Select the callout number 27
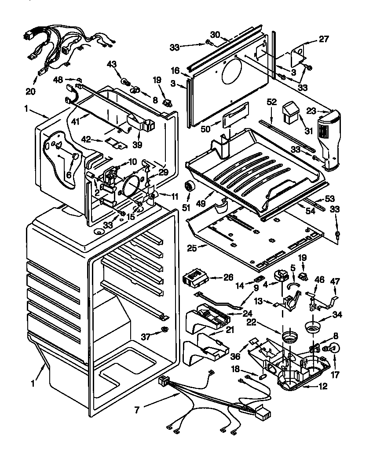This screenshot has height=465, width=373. point(324,39)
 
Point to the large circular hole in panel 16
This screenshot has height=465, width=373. point(235,72)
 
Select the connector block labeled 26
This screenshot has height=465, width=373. point(194,278)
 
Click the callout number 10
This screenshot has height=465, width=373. point(132,161)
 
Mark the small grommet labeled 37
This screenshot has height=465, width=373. point(165,330)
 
